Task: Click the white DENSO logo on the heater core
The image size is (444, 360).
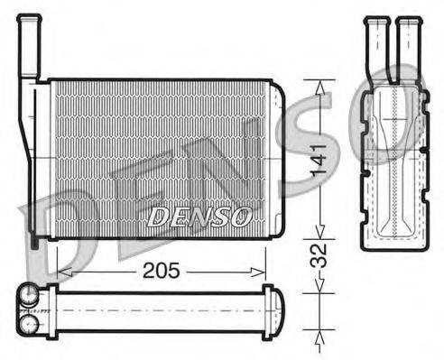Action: pos(200,216)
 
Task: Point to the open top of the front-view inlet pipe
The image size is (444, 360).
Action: pos(30,17)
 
